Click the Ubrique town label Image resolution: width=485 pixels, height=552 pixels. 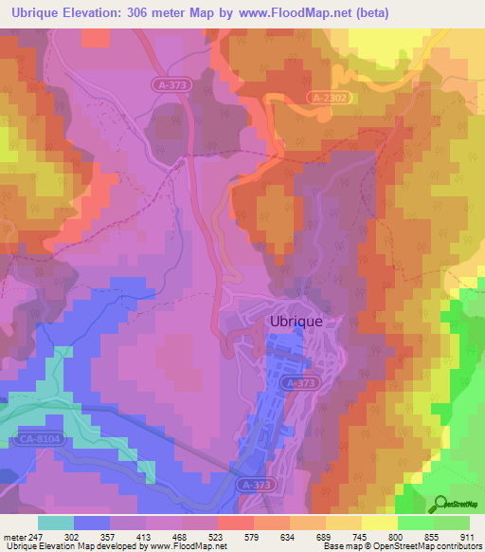[x=296, y=322]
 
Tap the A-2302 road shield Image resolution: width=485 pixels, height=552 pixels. [x=328, y=98]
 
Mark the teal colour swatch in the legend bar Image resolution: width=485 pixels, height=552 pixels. [x=56, y=523]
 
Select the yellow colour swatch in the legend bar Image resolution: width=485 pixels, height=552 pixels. [x=380, y=523]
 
